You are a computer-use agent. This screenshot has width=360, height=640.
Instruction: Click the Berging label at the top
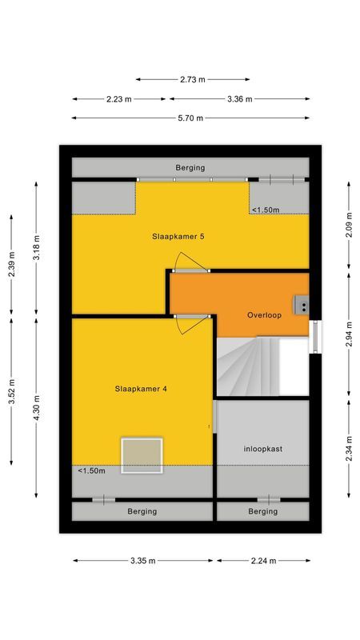[x=190, y=168]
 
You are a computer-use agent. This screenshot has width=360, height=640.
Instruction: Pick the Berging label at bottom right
[x=262, y=511]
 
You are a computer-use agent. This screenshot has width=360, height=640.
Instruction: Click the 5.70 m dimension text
[x=190, y=118]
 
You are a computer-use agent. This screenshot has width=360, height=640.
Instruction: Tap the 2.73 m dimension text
[x=192, y=79]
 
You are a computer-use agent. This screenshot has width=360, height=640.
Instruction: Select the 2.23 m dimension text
[x=119, y=99]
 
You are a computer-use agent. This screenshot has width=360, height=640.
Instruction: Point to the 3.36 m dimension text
[x=238, y=99]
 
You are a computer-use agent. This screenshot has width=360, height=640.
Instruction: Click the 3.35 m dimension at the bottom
[x=142, y=561]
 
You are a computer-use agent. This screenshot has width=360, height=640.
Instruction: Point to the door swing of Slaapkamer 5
[x=190, y=262]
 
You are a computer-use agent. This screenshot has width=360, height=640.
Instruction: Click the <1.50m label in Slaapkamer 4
[x=92, y=471]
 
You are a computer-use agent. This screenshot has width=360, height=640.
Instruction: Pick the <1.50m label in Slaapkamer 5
[x=266, y=210]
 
